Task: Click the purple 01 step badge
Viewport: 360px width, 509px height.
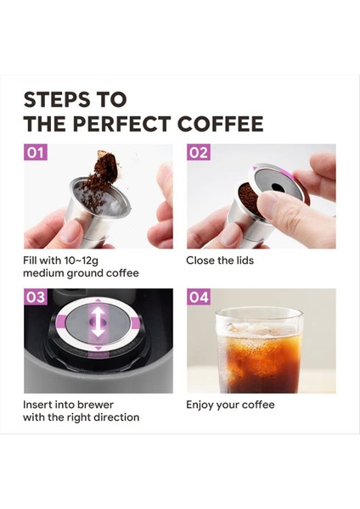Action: click(36, 152)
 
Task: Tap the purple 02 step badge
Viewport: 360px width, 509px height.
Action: click(198, 152)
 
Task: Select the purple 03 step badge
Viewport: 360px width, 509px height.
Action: click(36, 297)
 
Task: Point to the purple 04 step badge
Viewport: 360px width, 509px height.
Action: click(198, 297)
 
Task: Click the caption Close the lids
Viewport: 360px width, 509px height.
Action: click(220, 260)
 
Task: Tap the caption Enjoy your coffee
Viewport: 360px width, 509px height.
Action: click(230, 406)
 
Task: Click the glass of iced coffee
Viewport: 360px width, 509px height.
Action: click(259, 350)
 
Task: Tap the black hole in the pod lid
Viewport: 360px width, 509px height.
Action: click(277, 187)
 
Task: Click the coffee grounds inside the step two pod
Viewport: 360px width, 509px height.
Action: click(248, 197)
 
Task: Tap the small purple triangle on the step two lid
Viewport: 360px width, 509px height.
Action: click(255, 167)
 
